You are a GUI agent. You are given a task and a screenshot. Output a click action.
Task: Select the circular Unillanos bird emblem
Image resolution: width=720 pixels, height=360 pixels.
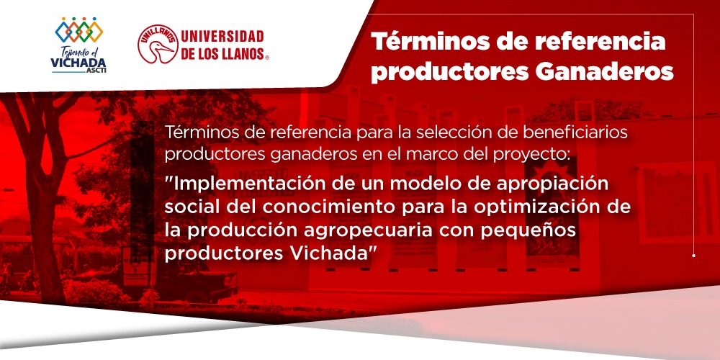click(x=158, y=44)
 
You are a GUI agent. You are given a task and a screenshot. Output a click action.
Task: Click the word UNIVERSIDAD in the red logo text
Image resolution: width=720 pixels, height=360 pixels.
click(x=222, y=36)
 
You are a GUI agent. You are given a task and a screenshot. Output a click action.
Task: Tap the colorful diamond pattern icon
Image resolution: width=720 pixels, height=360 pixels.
click(x=79, y=30)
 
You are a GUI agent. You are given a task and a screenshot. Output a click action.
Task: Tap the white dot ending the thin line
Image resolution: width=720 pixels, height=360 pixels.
click(x=693, y=256)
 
